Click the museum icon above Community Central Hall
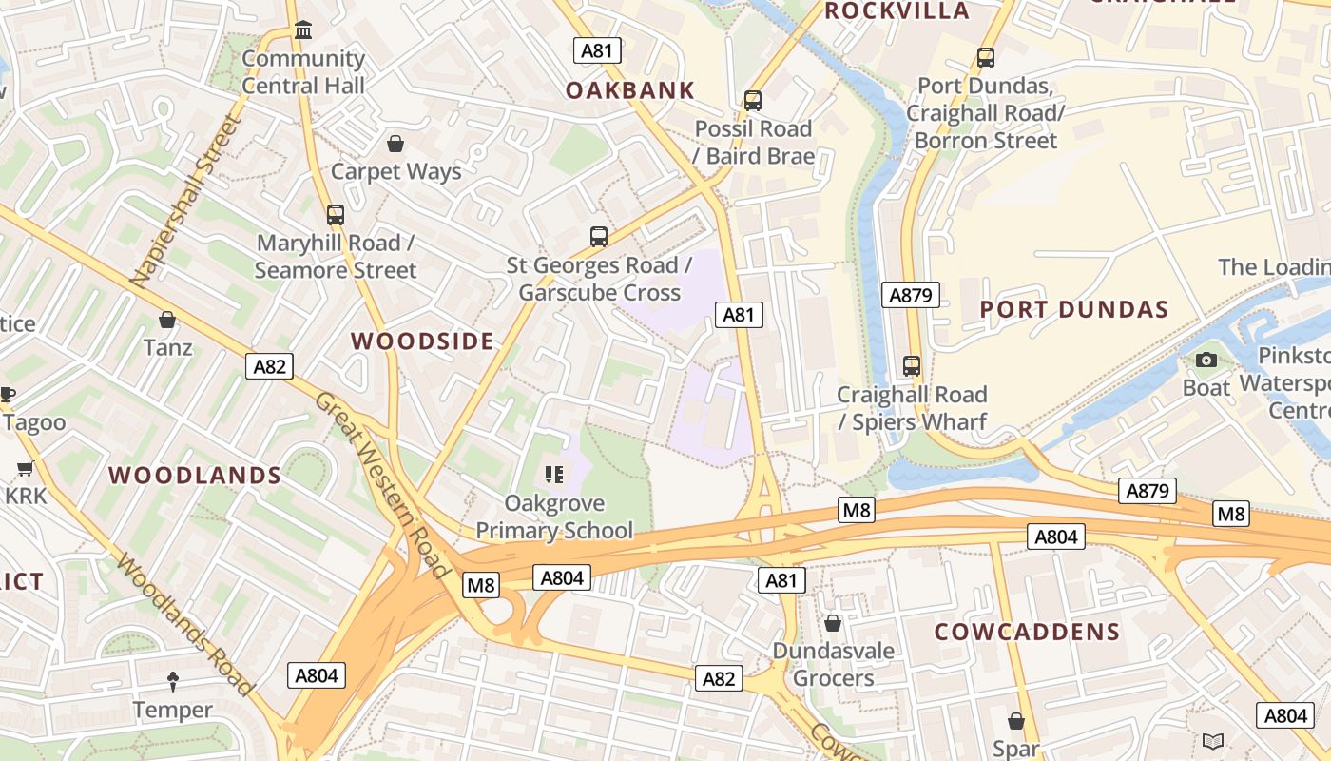pyautogui.click(x=303, y=30)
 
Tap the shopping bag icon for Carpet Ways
pyautogui.click(x=395, y=144)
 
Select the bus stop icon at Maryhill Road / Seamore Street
pyautogui.click(x=335, y=214)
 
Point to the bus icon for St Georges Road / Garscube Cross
pyautogui.click(x=599, y=236)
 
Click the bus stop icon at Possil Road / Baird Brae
pyautogui.click(x=753, y=100)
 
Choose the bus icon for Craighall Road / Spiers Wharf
pyautogui.click(x=912, y=365)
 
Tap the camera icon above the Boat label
pyautogui.click(x=1206, y=360)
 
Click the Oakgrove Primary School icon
pyautogui.click(x=554, y=474)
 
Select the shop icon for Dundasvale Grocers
pyautogui.click(x=833, y=623)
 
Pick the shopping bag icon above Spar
pyautogui.click(x=1016, y=721)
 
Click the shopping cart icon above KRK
pyautogui.click(x=26, y=468)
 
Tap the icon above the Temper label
pyautogui.click(x=173, y=681)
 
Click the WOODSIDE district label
pyautogui.click(x=423, y=341)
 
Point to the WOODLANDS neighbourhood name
pyautogui.click(x=195, y=476)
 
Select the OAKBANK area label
pyautogui.click(x=630, y=90)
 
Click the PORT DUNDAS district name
pyautogui.click(x=1073, y=309)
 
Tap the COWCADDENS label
pyautogui.click(x=1027, y=633)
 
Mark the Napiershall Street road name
pyautogui.click(x=186, y=202)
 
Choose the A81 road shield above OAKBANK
pyautogui.click(x=598, y=50)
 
